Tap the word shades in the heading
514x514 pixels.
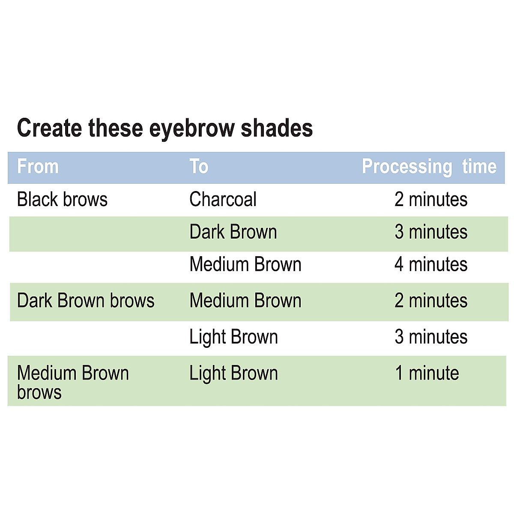[276, 128]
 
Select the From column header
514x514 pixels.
[38, 167]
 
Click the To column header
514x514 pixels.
[199, 167]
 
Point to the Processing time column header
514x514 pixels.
[429, 167]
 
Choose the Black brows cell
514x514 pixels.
[62, 200]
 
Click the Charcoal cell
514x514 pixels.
[223, 200]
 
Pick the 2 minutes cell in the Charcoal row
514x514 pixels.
[430, 200]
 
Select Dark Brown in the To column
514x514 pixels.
[233, 232]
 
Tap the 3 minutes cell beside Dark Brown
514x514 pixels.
[430, 232]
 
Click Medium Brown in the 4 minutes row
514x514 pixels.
[245, 264]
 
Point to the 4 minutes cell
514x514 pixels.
[430, 264]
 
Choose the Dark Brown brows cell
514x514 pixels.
[86, 301]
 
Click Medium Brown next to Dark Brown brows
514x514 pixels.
[245, 301]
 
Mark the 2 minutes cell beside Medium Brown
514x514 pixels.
[430, 301]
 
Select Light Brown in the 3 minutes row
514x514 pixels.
[233, 337]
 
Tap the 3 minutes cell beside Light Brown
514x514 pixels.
[430, 337]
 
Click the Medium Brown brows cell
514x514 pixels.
[73, 382]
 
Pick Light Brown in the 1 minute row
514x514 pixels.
[233, 374]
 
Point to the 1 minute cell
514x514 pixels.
[427, 374]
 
